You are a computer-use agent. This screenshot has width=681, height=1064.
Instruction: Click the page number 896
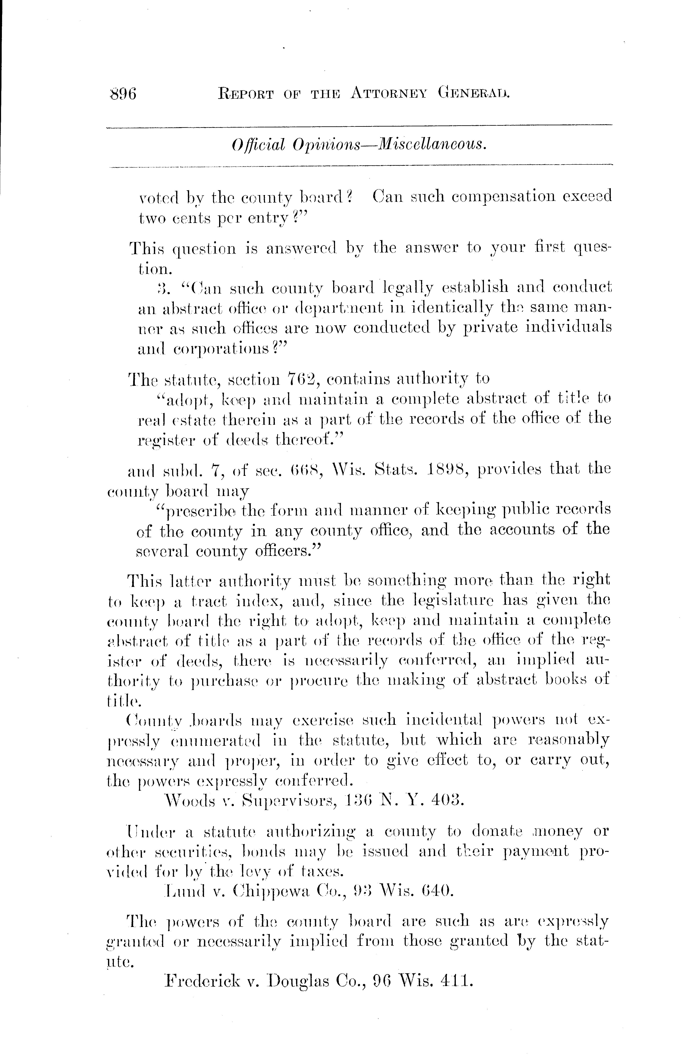pos(122,94)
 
